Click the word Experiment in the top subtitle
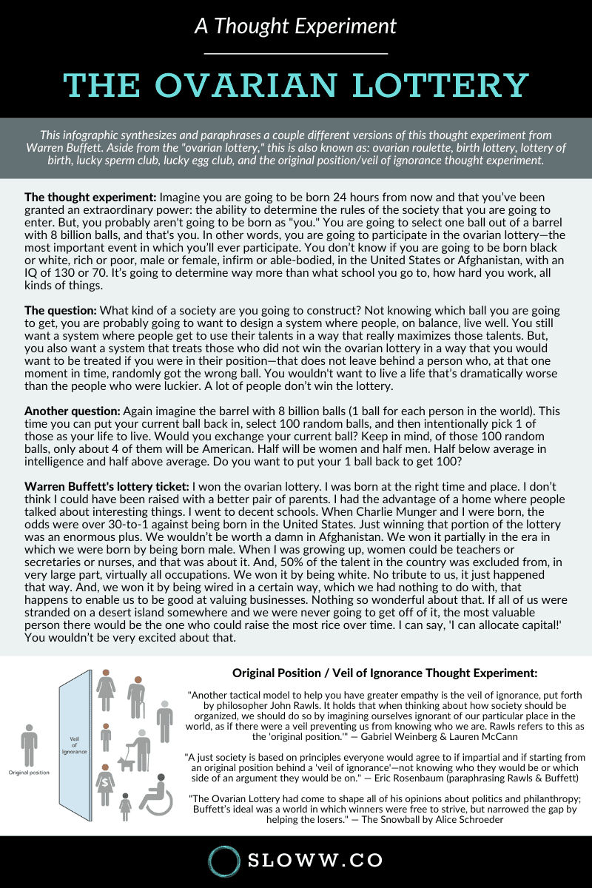346,26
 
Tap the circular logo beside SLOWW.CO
225,861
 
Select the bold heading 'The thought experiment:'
90,198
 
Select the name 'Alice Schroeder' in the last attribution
462,819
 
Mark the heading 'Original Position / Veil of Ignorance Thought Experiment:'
385,673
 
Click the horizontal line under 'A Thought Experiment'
296,54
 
